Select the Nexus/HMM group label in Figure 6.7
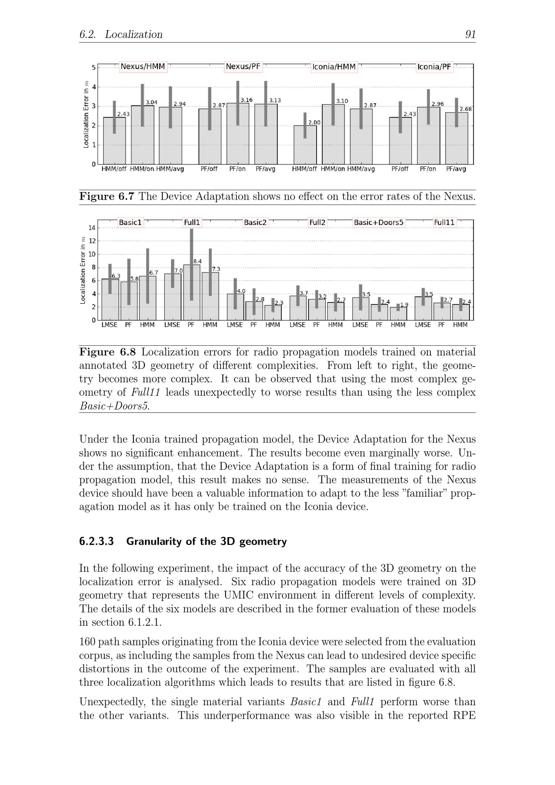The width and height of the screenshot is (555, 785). (143, 67)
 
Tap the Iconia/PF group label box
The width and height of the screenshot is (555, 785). (434, 67)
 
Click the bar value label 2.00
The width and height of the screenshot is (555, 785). (314, 122)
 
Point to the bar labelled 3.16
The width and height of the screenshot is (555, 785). (238, 133)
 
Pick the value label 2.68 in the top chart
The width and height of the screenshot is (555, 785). (465, 109)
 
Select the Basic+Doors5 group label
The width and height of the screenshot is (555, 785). (379, 223)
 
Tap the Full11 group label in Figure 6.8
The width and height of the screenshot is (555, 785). (444, 223)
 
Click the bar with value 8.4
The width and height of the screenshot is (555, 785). (191, 292)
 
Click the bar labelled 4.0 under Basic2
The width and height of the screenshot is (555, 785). (235, 307)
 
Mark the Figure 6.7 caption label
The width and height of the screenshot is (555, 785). (107, 196)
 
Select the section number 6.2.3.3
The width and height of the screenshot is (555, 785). (97, 542)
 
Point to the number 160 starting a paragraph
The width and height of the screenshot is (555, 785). (87, 642)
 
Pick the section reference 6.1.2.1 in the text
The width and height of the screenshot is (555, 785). (145, 622)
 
